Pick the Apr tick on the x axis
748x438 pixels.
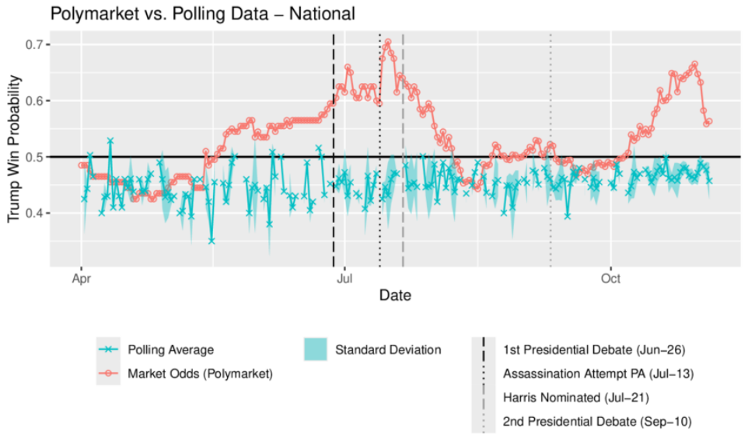click(81, 276)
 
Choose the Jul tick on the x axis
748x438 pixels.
click(344, 276)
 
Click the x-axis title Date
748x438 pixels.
click(395, 295)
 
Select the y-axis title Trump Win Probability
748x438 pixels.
click(14, 150)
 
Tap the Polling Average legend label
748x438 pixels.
click(170, 349)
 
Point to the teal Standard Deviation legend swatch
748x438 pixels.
click(316, 349)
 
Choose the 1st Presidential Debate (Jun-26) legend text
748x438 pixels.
click(594, 349)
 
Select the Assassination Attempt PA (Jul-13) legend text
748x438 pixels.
click(598, 374)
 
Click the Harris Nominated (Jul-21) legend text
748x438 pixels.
click(575, 398)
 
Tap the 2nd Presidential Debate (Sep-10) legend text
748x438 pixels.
click(597, 422)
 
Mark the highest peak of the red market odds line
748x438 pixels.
click(387, 43)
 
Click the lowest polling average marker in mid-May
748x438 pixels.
click(211, 241)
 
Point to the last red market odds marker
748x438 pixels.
click(708, 122)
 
